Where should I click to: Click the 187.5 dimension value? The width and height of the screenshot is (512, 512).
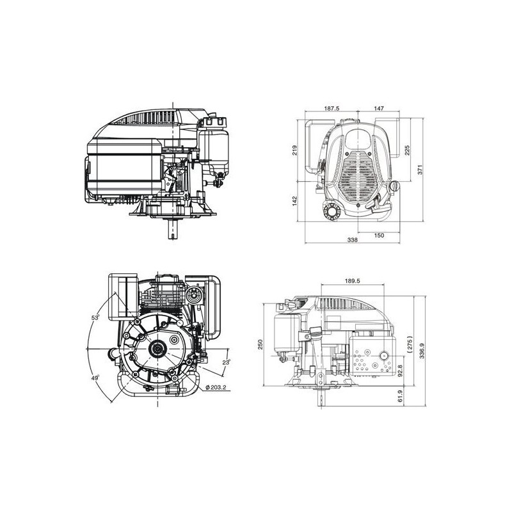pyautogui.click(x=332, y=108)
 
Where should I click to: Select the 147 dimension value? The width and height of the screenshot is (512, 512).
pyautogui.click(x=379, y=108)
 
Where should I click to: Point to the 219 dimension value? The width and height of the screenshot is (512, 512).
pyautogui.click(x=295, y=150)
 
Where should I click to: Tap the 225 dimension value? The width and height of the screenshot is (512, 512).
pyautogui.click(x=407, y=150)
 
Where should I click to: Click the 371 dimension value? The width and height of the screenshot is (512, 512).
pyautogui.click(x=420, y=170)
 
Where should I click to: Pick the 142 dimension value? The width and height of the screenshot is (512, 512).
pyautogui.click(x=295, y=200)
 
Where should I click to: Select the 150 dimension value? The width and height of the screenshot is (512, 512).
pyautogui.click(x=379, y=235)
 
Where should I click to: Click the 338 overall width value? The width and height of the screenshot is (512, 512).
pyautogui.click(x=353, y=239)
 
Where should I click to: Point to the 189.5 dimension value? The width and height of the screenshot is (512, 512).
pyautogui.click(x=352, y=280)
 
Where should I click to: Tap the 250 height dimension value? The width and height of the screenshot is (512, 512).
pyautogui.click(x=260, y=344)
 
